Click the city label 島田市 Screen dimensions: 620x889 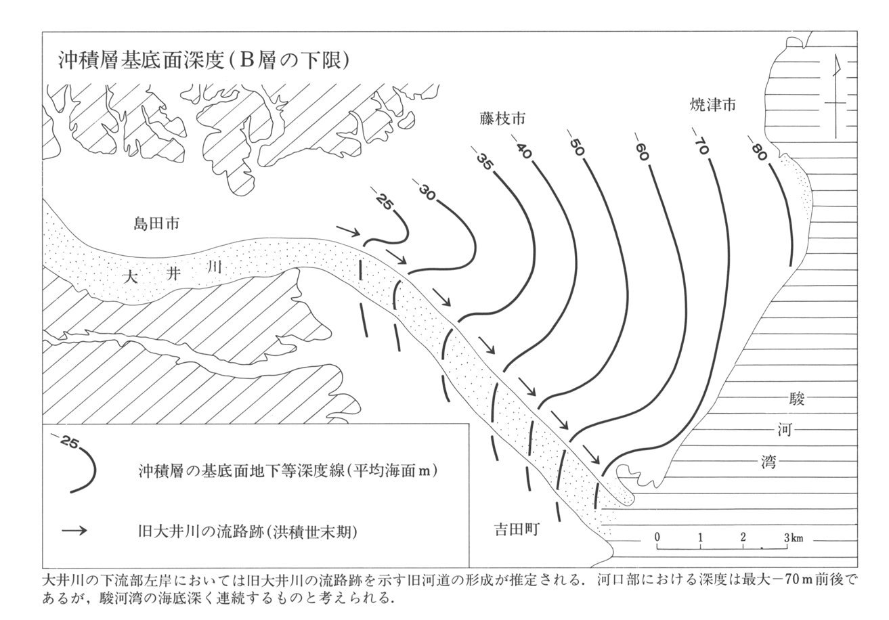156,224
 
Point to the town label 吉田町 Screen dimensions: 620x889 516,530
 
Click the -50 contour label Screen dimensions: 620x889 576,148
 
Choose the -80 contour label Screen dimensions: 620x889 758,148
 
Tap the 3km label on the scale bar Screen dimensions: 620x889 794,538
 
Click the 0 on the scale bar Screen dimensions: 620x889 657,537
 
